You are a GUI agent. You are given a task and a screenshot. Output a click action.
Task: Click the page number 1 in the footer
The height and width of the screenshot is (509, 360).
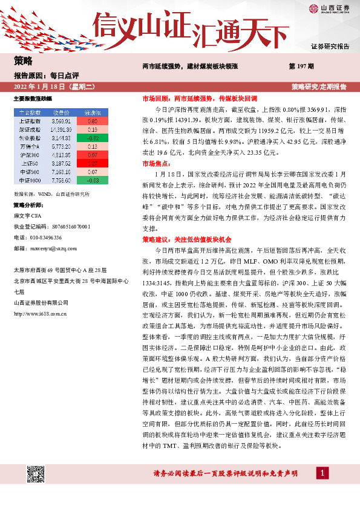tap(324, 473)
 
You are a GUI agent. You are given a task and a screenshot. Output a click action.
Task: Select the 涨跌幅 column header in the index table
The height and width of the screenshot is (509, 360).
tap(93, 113)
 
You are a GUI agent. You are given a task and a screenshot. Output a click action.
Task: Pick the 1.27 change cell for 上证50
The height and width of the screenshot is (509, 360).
tap(93, 163)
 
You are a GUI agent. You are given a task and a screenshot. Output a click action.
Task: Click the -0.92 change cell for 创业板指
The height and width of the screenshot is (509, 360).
tap(93, 138)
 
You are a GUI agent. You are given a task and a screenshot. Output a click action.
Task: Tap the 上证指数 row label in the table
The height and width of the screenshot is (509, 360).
tap(27, 122)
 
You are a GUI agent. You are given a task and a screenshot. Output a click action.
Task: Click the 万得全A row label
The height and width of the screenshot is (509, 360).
tap(27, 147)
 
